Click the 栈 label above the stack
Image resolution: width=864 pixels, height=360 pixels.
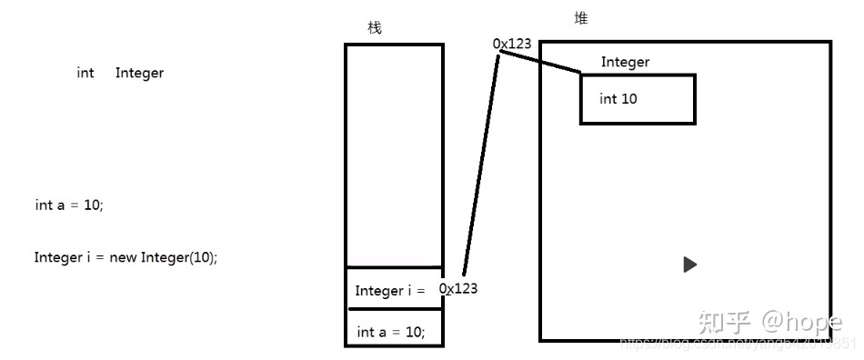tap(375, 28)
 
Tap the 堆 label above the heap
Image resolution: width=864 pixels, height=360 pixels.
tap(581, 18)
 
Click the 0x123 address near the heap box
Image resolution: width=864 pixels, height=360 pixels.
tap(511, 44)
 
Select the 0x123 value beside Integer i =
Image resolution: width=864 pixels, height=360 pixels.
tap(458, 288)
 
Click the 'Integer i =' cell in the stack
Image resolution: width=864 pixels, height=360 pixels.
tap(390, 291)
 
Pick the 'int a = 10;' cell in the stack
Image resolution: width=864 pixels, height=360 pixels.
tap(390, 332)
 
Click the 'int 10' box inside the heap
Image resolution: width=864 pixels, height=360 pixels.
tap(637, 99)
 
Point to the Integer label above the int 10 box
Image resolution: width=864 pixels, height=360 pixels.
tap(625, 62)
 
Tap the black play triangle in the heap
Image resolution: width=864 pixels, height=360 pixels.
tap(689, 265)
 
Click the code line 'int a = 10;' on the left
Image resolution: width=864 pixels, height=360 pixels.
tap(69, 205)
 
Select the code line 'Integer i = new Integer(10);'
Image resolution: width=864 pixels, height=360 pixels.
tap(126, 257)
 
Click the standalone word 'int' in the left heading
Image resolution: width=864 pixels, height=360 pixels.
tap(85, 73)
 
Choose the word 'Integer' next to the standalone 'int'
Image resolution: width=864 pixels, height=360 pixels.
tap(139, 73)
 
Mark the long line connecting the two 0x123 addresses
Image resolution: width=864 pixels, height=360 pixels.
tap(481, 164)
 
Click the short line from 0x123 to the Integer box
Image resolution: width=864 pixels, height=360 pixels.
tap(540, 60)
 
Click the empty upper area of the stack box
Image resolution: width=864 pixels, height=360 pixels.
tap(394, 155)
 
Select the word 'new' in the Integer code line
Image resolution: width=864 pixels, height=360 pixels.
tap(123, 257)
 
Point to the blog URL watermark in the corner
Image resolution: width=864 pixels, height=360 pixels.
tap(737, 344)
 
